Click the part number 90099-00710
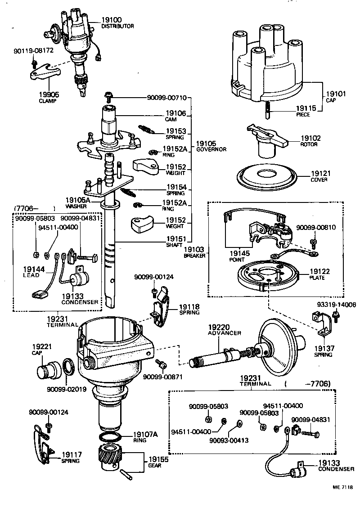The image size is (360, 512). click(x=166, y=97)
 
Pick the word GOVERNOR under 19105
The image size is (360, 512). click(x=211, y=149)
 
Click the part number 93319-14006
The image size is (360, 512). click(x=335, y=305)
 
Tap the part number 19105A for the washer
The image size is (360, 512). click(x=78, y=200)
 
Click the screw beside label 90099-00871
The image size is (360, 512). click(x=160, y=363)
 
